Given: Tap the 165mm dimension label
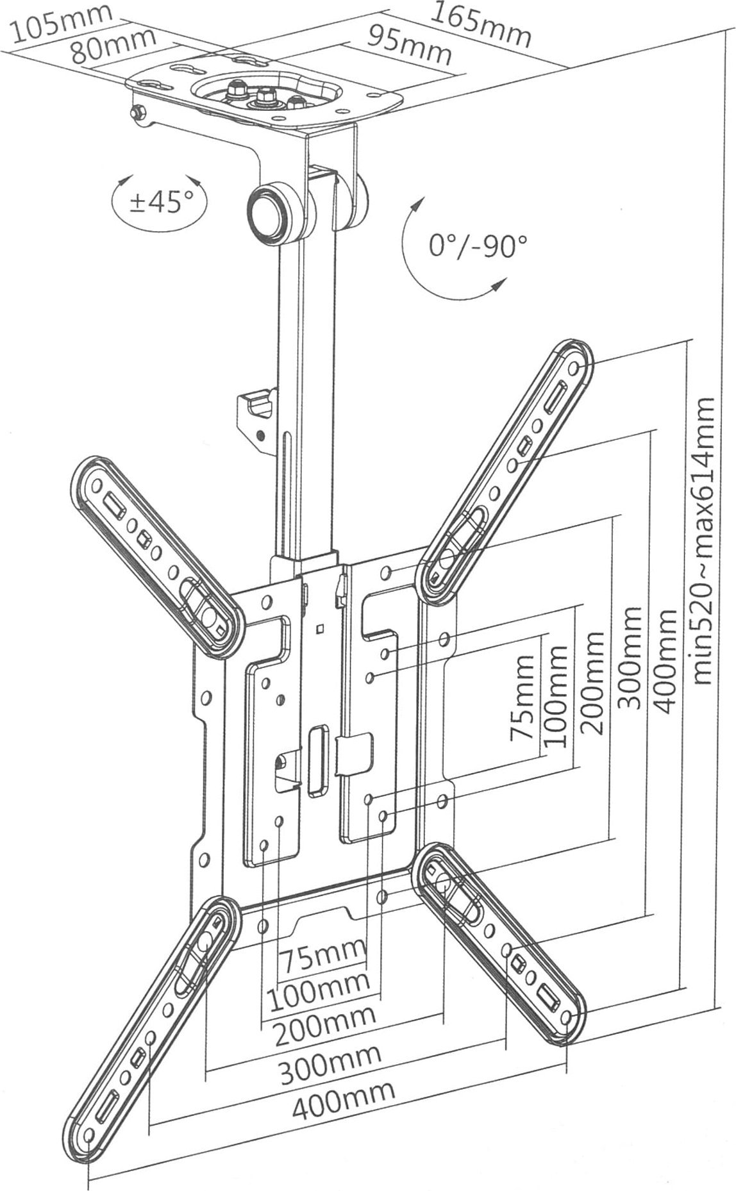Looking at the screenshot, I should [480, 24].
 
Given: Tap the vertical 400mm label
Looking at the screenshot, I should [667, 661].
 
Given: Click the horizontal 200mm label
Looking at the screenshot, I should [324, 1030].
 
